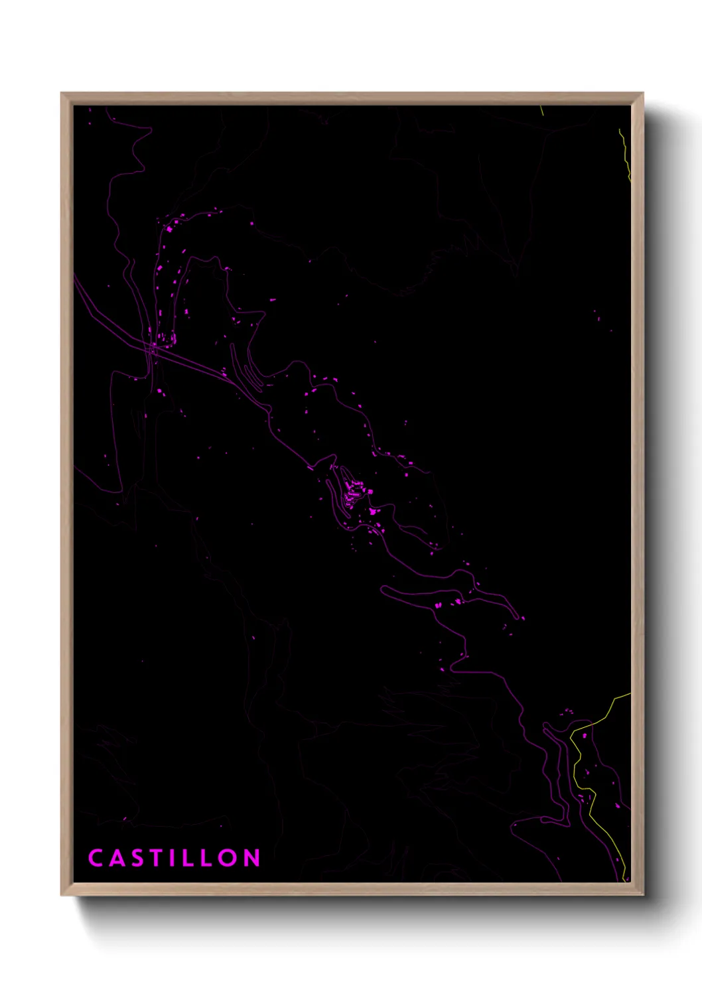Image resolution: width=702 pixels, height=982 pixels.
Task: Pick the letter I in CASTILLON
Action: click(173, 858)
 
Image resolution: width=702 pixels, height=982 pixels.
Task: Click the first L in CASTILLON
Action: click(188, 858)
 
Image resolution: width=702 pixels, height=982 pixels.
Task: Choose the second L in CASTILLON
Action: click(206, 858)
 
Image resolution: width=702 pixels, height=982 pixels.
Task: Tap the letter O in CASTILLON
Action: click(228, 858)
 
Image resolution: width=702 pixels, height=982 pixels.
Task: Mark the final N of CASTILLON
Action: click(251, 858)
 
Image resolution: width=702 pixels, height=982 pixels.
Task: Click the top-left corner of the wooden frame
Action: click(62, 94)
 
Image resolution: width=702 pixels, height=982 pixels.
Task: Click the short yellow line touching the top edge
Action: click(541, 110)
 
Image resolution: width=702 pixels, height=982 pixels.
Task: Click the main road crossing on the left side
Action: click(153, 346)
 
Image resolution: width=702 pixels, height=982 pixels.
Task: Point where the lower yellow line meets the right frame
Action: click(630, 693)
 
